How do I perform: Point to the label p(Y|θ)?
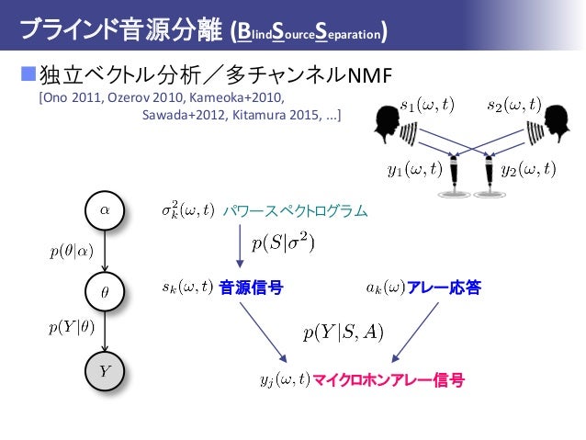pos(71,329)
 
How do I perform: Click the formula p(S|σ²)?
pos(284,243)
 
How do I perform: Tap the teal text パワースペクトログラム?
pos(295,212)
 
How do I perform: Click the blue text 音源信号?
pos(251,288)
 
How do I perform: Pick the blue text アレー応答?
pos(445,288)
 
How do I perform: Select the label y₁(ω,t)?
pos(413,169)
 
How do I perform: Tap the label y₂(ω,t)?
pos(528,169)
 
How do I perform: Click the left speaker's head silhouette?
pos(389,121)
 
